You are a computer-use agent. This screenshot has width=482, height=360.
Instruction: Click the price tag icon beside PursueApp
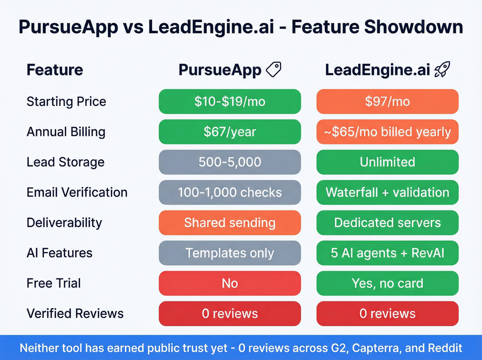click(x=274, y=69)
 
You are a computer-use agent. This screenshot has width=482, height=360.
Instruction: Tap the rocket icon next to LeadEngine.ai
click(x=442, y=69)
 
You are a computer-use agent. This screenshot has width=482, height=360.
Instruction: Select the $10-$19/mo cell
click(x=230, y=102)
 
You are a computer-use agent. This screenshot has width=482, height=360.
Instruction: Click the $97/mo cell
click(x=387, y=102)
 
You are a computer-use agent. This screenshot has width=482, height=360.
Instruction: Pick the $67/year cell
click(x=230, y=132)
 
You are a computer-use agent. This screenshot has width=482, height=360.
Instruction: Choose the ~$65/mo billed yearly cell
click(x=387, y=132)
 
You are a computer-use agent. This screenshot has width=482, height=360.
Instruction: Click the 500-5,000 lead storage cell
click(x=230, y=162)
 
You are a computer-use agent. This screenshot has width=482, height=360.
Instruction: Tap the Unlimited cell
click(x=387, y=162)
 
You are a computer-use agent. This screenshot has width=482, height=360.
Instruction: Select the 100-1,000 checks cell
click(x=230, y=193)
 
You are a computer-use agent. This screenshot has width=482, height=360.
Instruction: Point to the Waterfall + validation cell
click(x=387, y=193)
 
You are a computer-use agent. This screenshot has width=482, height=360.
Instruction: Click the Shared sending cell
click(x=230, y=223)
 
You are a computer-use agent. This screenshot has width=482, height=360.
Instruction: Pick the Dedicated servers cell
click(x=387, y=223)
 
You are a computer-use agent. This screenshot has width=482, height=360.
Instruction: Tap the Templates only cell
click(x=230, y=253)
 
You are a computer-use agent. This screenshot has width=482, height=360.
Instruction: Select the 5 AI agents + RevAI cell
click(x=387, y=253)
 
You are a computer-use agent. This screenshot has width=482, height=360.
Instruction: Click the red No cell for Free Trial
click(x=230, y=284)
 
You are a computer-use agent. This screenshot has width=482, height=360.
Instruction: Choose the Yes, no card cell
click(x=387, y=284)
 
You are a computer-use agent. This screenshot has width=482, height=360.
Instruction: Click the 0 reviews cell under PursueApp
click(x=230, y=314)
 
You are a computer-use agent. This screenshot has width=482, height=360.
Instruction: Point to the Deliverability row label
click(x=64, y=223)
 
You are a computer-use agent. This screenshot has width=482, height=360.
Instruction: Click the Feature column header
click(x=55, y=70)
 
